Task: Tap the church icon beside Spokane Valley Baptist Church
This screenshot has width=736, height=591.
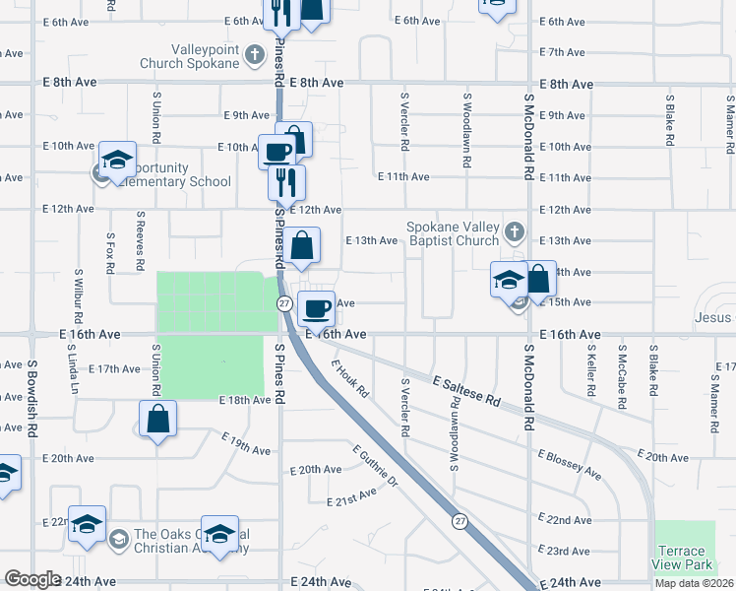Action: tap(513, 232)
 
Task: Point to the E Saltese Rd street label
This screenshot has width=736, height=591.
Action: tap(466, 390)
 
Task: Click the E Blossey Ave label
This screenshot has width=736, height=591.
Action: tap(570, 465)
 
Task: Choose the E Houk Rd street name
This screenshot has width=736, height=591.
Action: tap(350, 379)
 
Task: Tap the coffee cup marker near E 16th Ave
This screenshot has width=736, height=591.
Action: tap(316, 308)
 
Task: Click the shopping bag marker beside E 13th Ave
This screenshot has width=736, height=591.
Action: tap(303, 246)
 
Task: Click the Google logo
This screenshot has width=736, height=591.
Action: tap(32, 579)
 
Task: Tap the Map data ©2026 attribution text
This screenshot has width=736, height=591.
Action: tap(694, 583)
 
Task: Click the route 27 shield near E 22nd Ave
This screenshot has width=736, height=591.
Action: tap(460, 520)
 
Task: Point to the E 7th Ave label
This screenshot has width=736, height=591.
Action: tap(565, 52)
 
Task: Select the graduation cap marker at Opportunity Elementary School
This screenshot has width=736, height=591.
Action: tap(117, 160)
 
